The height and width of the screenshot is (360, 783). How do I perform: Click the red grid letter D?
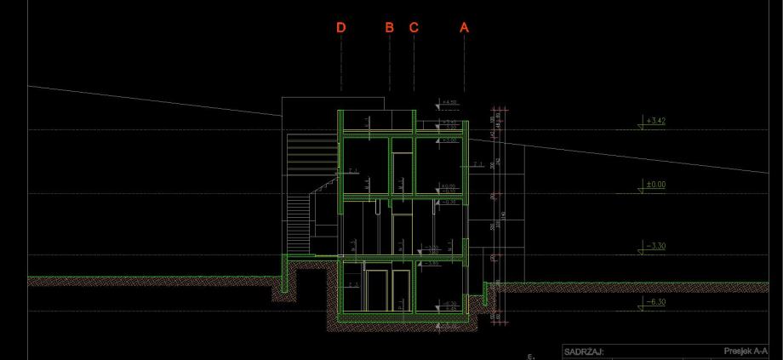(341, 28)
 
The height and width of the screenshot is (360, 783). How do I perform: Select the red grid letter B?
(390, 28)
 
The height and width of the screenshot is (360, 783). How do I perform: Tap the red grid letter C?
(414, 28)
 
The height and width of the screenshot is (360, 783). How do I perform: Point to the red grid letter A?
(464, 28)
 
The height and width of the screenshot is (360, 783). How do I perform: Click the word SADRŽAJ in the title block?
(584, 350)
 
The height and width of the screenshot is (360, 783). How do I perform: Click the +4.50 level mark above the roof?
(449, 103)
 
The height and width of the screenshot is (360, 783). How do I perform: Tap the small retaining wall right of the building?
(485, 294)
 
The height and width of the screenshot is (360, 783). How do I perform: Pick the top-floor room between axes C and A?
(438, 166)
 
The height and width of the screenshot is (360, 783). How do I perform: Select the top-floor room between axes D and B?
(364, 166)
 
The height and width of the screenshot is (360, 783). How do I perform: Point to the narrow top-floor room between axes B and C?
(402, 166)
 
